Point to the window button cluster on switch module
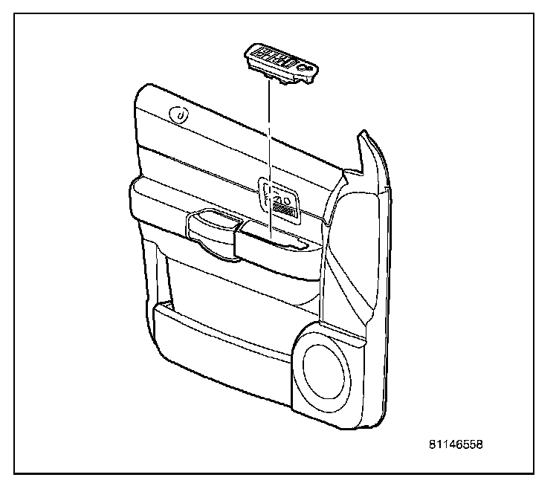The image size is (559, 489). click(x=274, y=55)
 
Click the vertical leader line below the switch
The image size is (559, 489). click(x=268, y=149)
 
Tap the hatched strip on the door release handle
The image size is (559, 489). click(x=281, y=210)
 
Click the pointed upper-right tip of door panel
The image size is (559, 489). click(x=362, y=136)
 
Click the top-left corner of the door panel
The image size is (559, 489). click(x=141, y=90)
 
